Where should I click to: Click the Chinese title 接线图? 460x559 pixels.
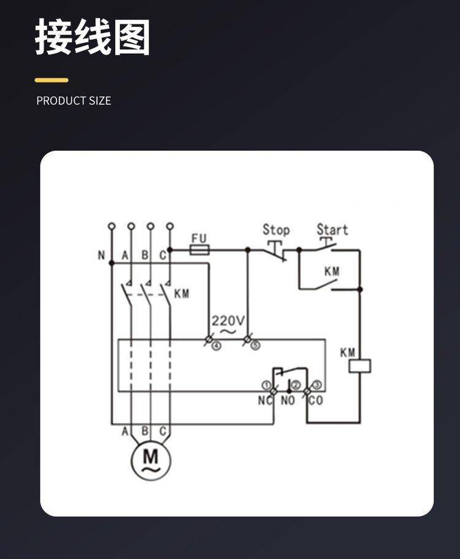coord(92,37)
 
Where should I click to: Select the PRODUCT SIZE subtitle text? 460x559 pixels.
coord(74,101)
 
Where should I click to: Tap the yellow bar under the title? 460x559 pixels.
coord(52,80)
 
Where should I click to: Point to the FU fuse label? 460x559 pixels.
coord(199,238)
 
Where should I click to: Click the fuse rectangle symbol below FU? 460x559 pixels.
coord(200,249)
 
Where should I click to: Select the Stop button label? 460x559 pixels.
coord(276,230)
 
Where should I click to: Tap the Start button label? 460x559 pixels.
coord(332,230)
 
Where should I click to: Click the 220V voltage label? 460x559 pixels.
coord(228,321)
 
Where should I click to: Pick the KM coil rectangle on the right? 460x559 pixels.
coord(359,366)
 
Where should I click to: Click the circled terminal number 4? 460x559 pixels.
coord(216,346)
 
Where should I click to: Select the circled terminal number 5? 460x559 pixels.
coord(255,346)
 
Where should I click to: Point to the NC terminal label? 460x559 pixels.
coord(264,400)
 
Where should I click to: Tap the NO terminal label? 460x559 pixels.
coord(288,400)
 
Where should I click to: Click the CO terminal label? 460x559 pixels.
coord(315,400)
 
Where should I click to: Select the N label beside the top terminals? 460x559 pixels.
coord(101,256)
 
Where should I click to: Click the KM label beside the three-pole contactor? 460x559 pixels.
coord(182,294)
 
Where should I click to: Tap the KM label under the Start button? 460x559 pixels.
coord(332,271)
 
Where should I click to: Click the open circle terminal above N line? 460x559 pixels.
coord(112,226)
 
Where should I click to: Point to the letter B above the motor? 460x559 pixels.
coord(145,432)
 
